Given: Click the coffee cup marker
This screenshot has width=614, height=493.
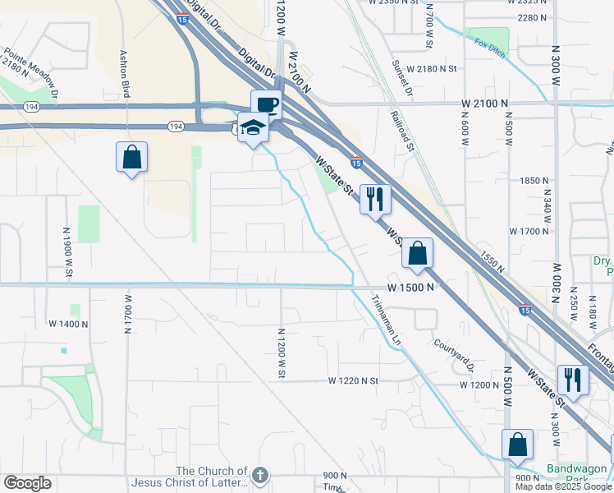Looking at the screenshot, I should [x=266, y=105].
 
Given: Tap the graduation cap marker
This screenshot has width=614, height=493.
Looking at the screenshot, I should [x=254, y=130].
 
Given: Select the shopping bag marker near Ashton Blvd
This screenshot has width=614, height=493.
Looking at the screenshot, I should [x=131, y=156].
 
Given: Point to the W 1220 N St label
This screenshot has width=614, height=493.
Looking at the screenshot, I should [x=353, y=381].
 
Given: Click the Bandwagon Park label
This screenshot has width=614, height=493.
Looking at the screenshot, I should [x=579, y=477].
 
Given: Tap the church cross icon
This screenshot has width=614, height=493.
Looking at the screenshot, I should [x=260, y=475].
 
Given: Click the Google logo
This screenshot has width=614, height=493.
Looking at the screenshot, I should [x=27, y=483].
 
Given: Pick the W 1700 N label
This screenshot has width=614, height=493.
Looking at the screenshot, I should [x=528, y=232].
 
